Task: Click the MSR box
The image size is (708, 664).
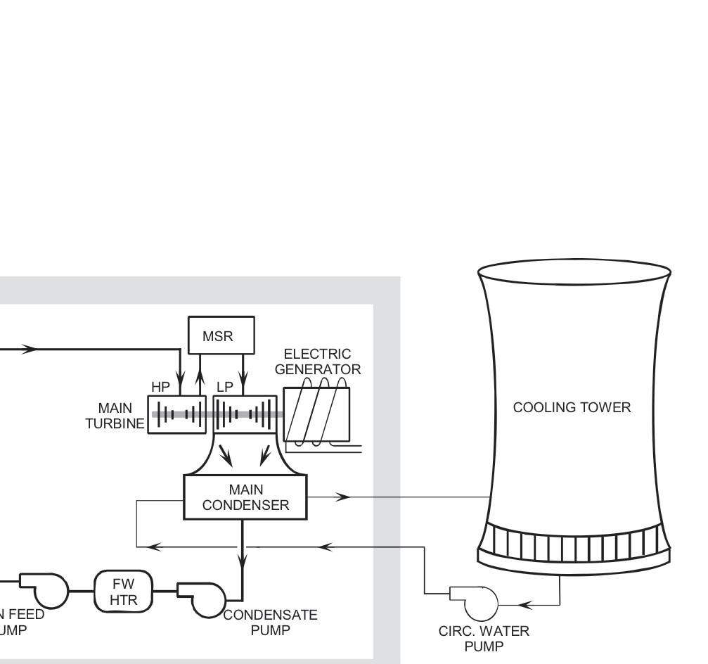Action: [x=221, y=335]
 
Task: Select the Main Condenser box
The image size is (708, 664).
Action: [x=245, y=497]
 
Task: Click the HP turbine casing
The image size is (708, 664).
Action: [x=176, y=414]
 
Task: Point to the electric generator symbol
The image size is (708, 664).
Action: [x=316, y=415]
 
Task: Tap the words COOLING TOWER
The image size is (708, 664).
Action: [x=572, y=407]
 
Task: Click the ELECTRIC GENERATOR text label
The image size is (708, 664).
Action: [x=318, y=362]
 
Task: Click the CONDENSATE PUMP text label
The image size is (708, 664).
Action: [x=271, y=622]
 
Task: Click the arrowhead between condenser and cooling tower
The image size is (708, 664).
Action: [x=343, y=497]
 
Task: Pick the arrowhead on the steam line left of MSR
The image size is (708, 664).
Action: [x=30, y=349]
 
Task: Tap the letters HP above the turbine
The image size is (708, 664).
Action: [x=160, y=388]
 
